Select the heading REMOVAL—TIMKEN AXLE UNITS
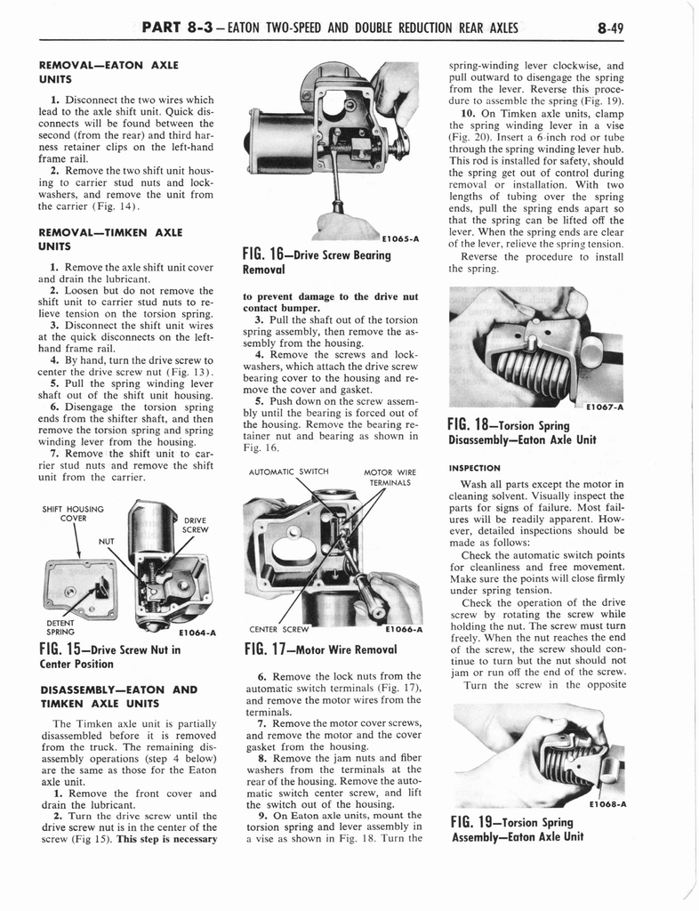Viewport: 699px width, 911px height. click(x=111, y=239)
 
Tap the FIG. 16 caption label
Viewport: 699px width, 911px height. click(x=316, y=261)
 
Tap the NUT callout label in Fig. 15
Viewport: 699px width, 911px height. click(x=107, y=539)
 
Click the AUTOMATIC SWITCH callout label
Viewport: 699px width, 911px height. click(x=289, y=472)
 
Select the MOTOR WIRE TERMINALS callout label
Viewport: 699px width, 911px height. click(x=390, y=478)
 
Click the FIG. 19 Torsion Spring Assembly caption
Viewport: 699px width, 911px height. click(x=517, y=829)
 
